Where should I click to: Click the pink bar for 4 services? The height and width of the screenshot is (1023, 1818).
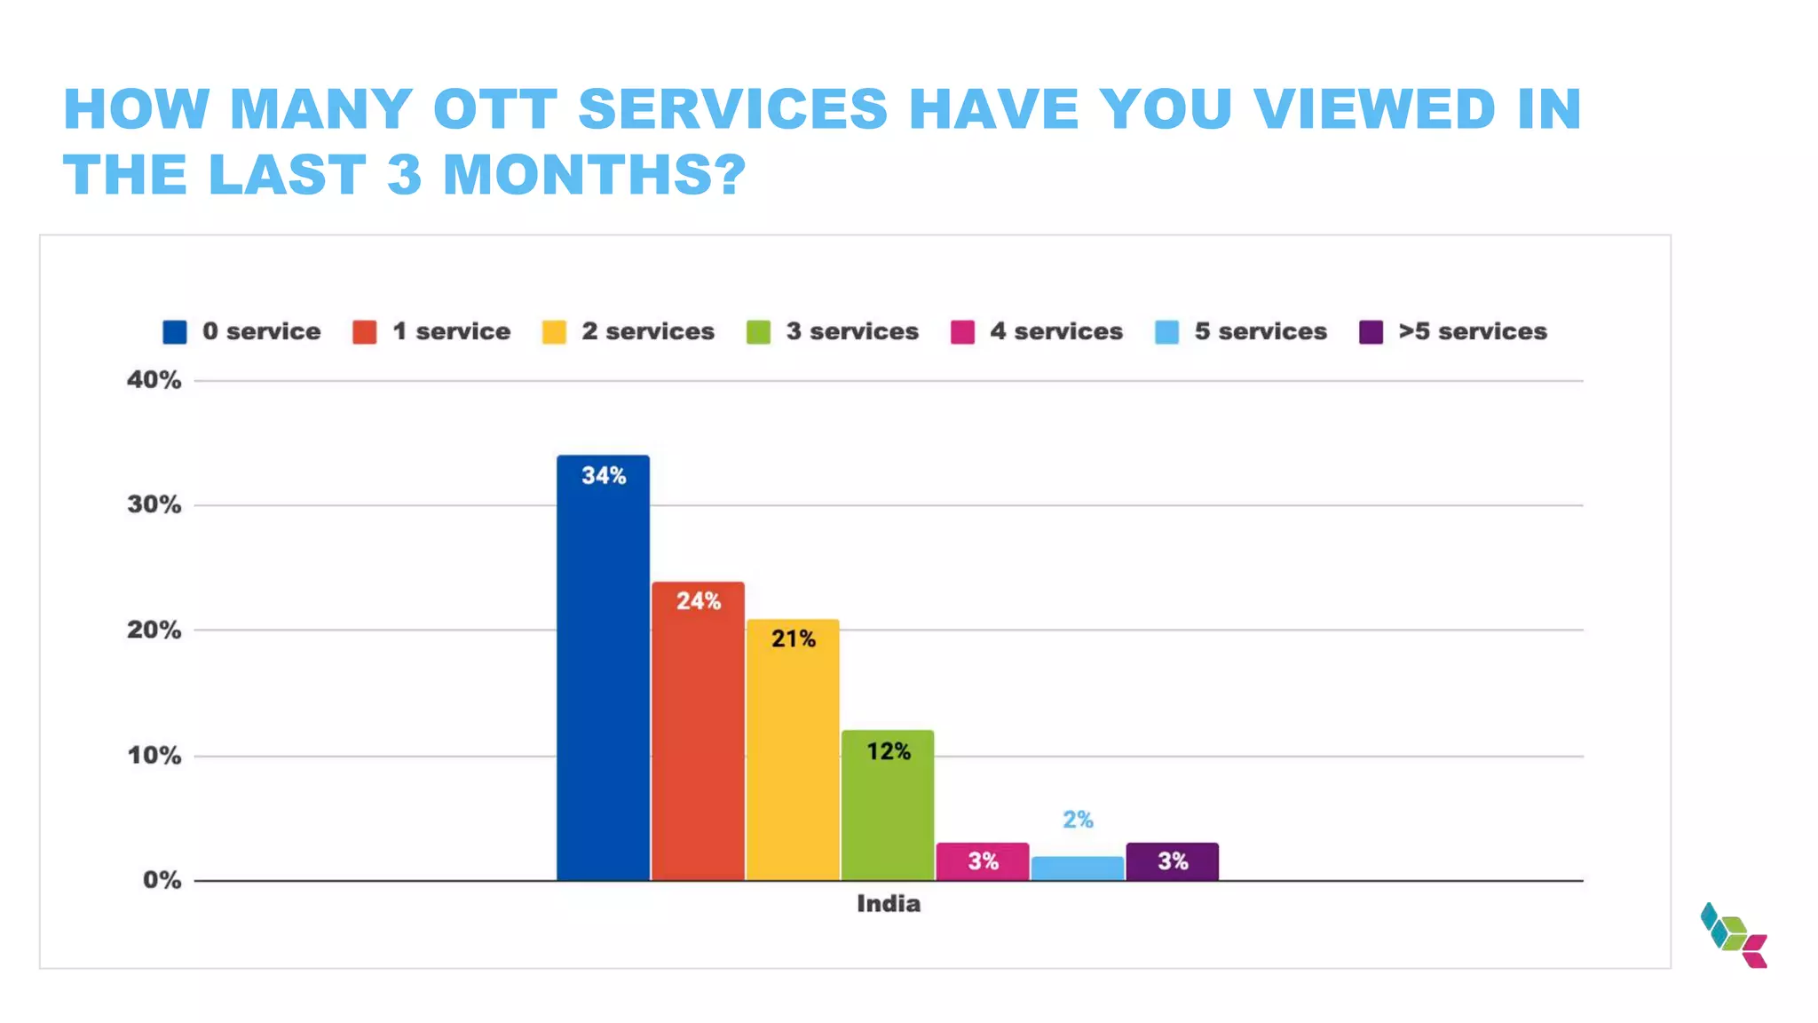983,861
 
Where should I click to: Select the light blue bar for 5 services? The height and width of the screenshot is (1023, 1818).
1078,868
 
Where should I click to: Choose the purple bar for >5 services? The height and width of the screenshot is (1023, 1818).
1173,861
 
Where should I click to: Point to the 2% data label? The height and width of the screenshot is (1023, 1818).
1078,820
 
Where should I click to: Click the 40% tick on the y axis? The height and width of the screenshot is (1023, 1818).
154,380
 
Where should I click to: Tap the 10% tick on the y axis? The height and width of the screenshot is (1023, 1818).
154,756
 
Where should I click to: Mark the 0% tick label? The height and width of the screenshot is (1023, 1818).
162,880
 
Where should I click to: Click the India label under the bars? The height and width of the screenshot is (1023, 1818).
889,904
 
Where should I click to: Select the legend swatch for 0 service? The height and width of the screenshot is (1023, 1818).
175,332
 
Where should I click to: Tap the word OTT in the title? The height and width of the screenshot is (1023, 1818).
495,109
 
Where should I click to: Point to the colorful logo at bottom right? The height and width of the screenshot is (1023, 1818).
1734,935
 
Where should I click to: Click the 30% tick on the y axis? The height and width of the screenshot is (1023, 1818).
154,505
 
